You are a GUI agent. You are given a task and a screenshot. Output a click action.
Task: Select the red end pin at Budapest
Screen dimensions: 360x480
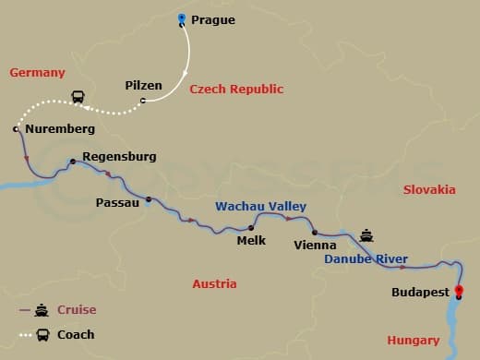(x=460, y=294)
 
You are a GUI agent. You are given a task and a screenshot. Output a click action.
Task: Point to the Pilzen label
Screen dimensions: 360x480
(x=143, y=86)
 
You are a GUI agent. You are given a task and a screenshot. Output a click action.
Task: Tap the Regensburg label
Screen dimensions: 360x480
(x=119, y=156)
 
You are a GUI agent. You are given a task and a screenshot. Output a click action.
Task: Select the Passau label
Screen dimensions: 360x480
(x=117, y=201)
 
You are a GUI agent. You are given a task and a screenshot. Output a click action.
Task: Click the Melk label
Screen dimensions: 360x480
(x=251, y=240)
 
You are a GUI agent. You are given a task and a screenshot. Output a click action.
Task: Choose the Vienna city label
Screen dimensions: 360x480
(x=314, y=245)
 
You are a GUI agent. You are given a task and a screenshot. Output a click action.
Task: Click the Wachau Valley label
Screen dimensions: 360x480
(x=261, y=207)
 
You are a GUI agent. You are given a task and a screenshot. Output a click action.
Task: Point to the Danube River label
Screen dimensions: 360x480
(x=366, y=259)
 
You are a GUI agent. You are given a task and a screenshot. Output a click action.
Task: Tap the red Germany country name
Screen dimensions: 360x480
(x=37, y=72)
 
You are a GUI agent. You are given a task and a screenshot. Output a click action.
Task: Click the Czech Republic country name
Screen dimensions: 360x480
(x=236, y=90)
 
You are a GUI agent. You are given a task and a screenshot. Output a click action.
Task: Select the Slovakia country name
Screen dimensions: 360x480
(x=429, y=189)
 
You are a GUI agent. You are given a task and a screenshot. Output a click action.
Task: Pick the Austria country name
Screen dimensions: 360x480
(x=214, y=284)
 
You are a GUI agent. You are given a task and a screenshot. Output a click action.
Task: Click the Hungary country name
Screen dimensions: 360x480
(x=414, y=340)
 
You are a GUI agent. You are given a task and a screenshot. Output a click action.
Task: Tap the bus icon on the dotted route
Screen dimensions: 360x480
(x=78, y=97)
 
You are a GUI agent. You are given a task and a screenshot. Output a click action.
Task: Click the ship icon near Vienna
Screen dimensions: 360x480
(x=367, y=234)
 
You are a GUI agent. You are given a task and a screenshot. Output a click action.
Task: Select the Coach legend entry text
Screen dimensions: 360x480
(x=76, y=334)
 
